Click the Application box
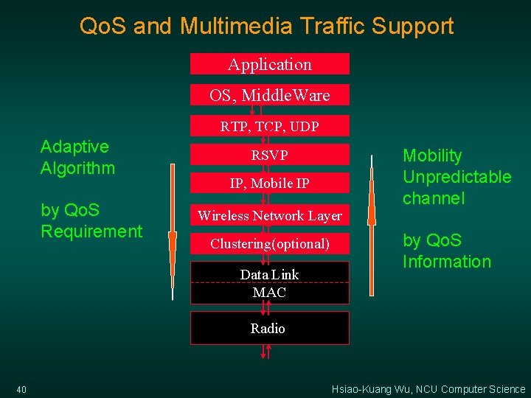pos(270,64)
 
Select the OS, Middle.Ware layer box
pos(270,95)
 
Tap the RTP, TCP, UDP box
pos(270,126)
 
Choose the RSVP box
pos(270,155)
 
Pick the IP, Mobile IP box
pos(270,184)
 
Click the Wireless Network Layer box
pos(270,215)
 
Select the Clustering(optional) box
pos(270,243)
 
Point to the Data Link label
pos(270,274)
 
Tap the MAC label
pos(270,293)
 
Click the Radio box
pos(268,328)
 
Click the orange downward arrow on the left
pos(172,251)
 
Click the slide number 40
pos(21,389)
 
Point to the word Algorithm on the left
pos(78,168)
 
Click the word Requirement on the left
pos(91,231)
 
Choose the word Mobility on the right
pos(432,156)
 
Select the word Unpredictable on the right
pos(457,177)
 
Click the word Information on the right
pos(447,262)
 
